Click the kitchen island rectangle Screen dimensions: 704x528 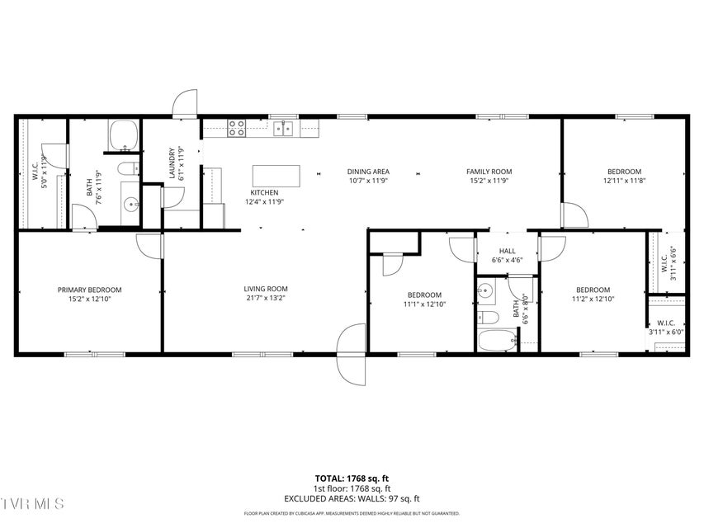click(x=276, y=176)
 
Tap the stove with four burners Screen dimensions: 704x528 click(x=236, y=128)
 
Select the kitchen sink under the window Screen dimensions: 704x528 click(x=283, y=129)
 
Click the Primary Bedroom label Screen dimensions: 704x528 click(x=89, y=290)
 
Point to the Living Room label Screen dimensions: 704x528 click(x=266, y=289)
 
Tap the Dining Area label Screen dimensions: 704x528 click(x=368, y=172)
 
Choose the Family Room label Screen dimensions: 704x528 click(x=489, y=172)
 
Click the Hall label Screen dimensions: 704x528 click(x=507, y=251)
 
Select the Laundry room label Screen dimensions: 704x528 click(x=172, y=163)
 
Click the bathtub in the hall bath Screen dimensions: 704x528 click(x=498, y=341)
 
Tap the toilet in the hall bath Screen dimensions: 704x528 click(x=488, y=318)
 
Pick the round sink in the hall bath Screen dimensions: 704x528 click(x=485, y=290)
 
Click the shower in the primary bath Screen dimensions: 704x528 click(x=123, y=135)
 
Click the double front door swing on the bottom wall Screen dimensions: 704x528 click(x=352, y=354)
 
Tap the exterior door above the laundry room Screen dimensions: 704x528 click(x=185, y=104)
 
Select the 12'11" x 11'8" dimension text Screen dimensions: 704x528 click(x=624, y=181)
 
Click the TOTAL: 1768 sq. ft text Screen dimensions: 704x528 click(x=352, y=478)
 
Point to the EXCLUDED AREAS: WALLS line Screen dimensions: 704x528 click(x=352, y=498)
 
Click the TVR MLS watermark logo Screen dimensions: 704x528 click(x=31, y=503)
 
